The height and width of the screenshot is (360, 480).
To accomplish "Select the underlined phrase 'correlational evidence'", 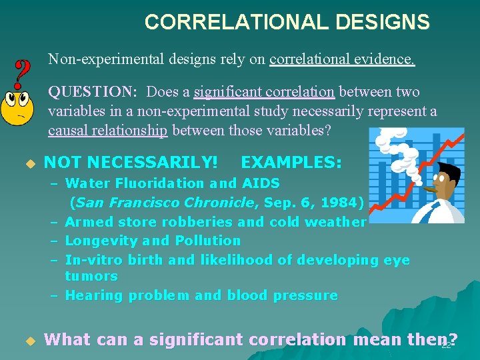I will pos(342,60).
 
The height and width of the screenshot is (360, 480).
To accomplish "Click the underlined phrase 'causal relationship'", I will pos(108,130).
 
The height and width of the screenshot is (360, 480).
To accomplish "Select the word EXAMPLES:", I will pos(291,162).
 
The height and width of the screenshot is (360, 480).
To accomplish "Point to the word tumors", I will pos(91,276).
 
